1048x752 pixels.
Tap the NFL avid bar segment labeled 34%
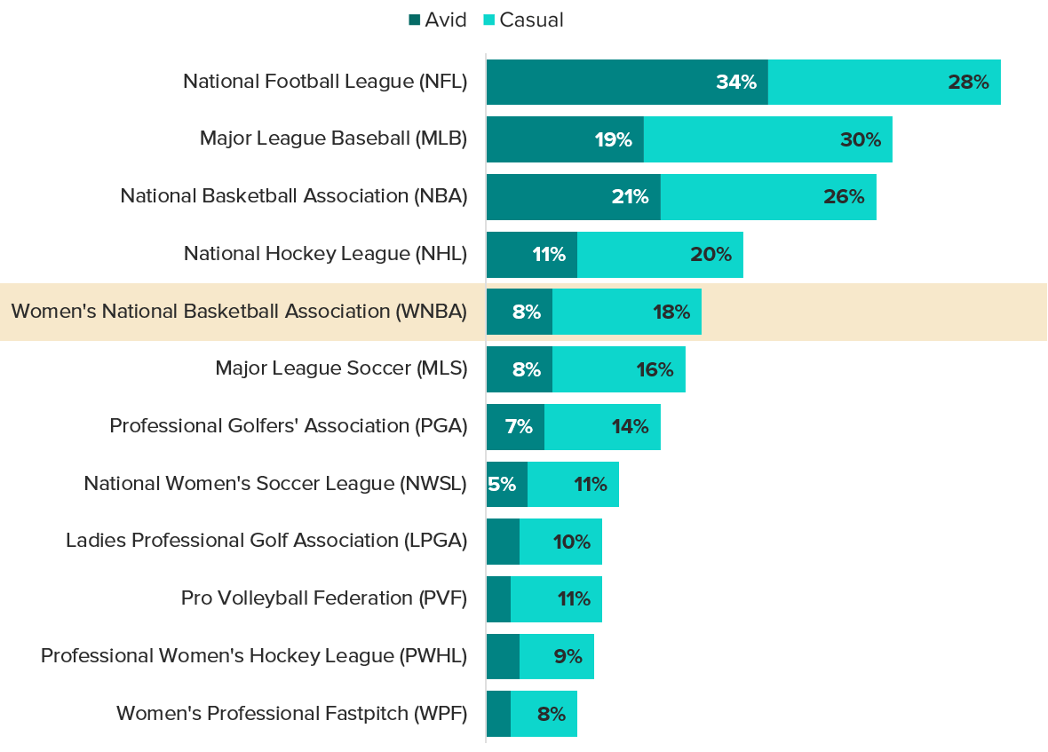627,83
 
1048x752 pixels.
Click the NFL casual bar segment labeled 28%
885,83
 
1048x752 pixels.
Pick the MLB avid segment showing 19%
565,139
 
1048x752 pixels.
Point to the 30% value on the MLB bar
860,139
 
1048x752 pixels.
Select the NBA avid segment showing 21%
573,197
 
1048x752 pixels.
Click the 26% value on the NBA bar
843,197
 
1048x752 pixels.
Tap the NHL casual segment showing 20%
660,255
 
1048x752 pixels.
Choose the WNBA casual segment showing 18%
627,312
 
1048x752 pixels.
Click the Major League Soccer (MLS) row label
341,368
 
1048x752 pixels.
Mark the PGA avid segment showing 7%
515,426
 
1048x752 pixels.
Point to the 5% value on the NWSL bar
502,485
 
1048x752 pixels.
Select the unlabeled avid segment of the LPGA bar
503,542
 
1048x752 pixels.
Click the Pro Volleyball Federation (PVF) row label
324,598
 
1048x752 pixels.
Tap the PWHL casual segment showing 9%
557,656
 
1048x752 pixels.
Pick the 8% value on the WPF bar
551,714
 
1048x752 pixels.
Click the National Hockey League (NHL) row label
325,254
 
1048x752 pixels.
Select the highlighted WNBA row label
239,312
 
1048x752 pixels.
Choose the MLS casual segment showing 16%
619,369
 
